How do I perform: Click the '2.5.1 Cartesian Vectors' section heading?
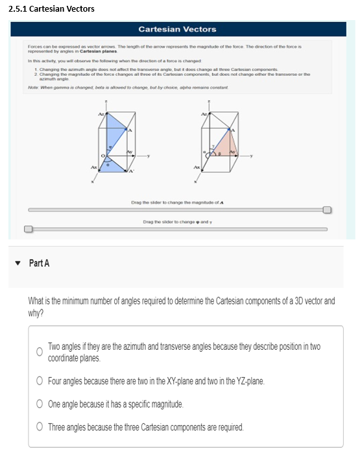pos(51,8)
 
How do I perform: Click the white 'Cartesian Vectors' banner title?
pos(177,29)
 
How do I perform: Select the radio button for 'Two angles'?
pos(39,352)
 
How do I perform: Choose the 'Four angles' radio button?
pos(39,381)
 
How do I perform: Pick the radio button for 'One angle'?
pos(39,404)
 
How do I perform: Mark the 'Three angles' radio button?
pos(39,427)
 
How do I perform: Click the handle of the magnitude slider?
pos(328,210)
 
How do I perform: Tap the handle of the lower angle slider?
pos(28,228)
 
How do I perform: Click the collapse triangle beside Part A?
pos(18,263)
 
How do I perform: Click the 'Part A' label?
pos(40,263)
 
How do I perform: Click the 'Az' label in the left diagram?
pos(101,115)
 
